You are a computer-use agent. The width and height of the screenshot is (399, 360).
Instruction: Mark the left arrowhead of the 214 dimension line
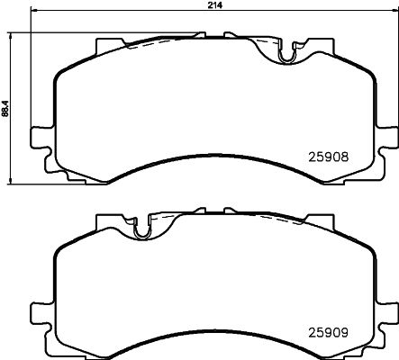point(33,13)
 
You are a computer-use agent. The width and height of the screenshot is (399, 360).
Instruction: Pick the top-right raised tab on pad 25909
point(320,221)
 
